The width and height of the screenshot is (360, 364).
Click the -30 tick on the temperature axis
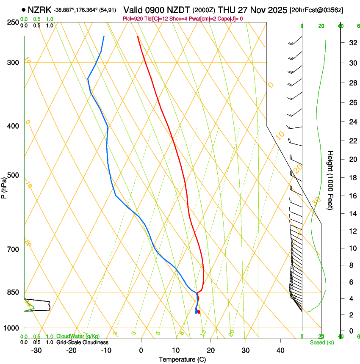36,350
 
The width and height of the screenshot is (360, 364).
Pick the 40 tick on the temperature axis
280,350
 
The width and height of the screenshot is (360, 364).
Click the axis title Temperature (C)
183,359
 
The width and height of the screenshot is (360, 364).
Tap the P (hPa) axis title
4,186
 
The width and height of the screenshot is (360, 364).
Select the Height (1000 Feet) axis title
330,180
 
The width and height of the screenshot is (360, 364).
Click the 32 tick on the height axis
352,43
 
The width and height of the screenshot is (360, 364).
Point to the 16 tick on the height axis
352,196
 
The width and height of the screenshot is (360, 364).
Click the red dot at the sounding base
199,312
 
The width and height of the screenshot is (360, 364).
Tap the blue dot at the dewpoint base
196,312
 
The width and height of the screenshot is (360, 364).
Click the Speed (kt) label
321,342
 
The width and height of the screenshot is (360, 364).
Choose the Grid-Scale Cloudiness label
82,342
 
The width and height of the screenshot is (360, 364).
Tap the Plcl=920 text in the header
132,19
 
